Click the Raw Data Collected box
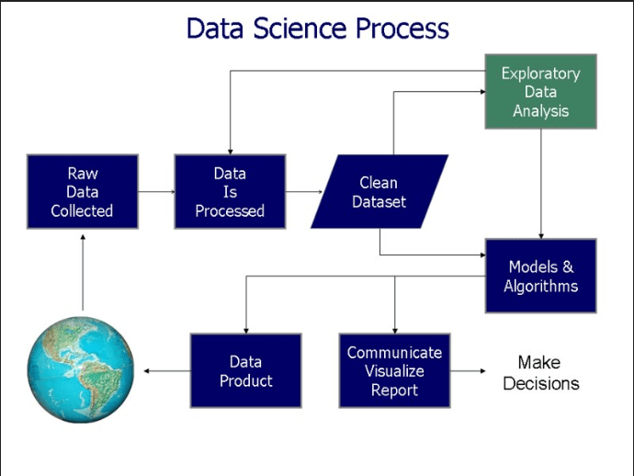pyautogui.click(x=83, y=191)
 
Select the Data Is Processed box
pyautogui.click(x=230, y=191)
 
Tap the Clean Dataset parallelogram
pyautogui.click(x=379, y=191)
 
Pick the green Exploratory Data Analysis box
pyautogui.click(x=541, y=92)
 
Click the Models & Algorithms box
pyautogui.click(x=541, y=276)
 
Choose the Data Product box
pyautogui.click(x=245, y=370)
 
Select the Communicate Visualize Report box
pyautogui.click(x=394, y=370)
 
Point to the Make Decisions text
pyautogui.click(x=541, y=372)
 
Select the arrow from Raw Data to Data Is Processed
pyautogui.click(x=156, y=192)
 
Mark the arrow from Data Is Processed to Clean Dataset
pyautogui.click(x=303, y=192)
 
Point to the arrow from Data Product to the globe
pyautogui.click(x=165, y=371)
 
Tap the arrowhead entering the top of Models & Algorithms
pyautogui.click(x=541, y=233)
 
